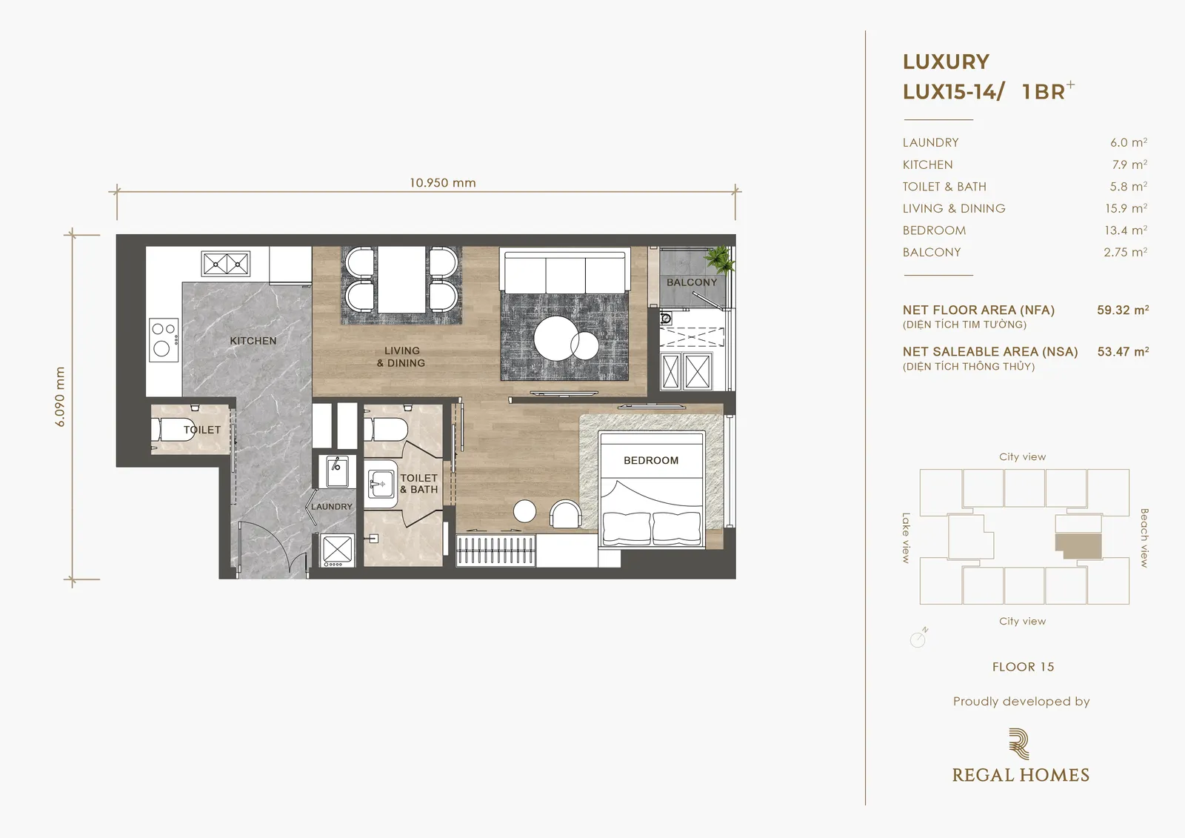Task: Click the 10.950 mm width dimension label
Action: click(443, 183)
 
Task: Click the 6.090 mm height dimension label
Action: click(60, 396)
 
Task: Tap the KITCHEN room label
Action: click(253, 341)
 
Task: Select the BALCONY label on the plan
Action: click(692, 283)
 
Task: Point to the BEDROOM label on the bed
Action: click(651, 461)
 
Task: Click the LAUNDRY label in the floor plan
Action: click(331, 507)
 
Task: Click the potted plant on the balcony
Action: click(719, 259)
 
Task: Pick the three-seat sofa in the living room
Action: click(565, 272)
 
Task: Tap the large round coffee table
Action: click(555, 339)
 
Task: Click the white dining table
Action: click(401, 279)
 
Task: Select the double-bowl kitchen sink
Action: click(226, 264)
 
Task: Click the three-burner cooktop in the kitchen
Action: click(164, 340)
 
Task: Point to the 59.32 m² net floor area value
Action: click(1123, 310)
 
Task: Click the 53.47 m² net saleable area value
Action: click(1123, 352)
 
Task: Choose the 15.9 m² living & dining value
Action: click(1126, 208)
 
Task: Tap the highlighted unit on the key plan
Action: click(1080, 546)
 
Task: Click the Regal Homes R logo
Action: click(1019, 744)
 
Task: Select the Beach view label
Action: click(1144, 538)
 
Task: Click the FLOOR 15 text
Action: click(1023, 667)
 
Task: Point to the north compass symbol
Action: click(919, 638)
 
